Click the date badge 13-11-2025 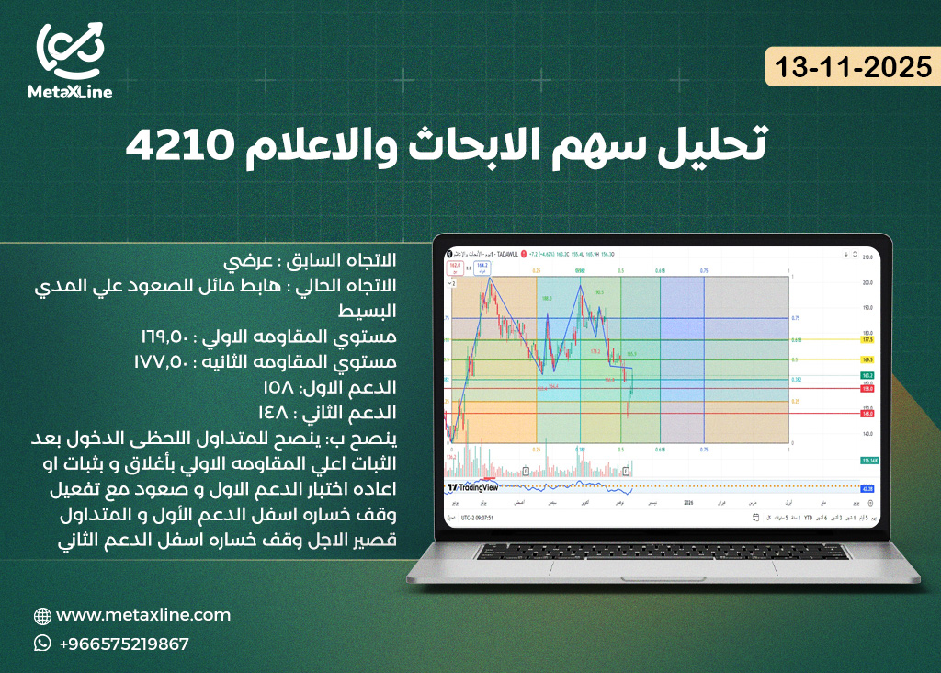[x=852, y=68]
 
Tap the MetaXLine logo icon [x=71, y=52]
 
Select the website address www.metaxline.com [x=143, y=615]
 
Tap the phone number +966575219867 [x=124, y=644]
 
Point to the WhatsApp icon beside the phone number [x=42, y=644]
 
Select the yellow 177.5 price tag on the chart [x=866, y=339]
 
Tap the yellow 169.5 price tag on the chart [x=866, y=359]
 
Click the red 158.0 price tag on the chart [x=866, y=389]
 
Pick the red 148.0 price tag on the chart [x=866, y=414]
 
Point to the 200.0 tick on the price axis [x=866, y=283]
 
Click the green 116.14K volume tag [x=866, y=459]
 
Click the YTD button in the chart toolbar [x=808, y=519]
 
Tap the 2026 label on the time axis [x=687, y=503]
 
